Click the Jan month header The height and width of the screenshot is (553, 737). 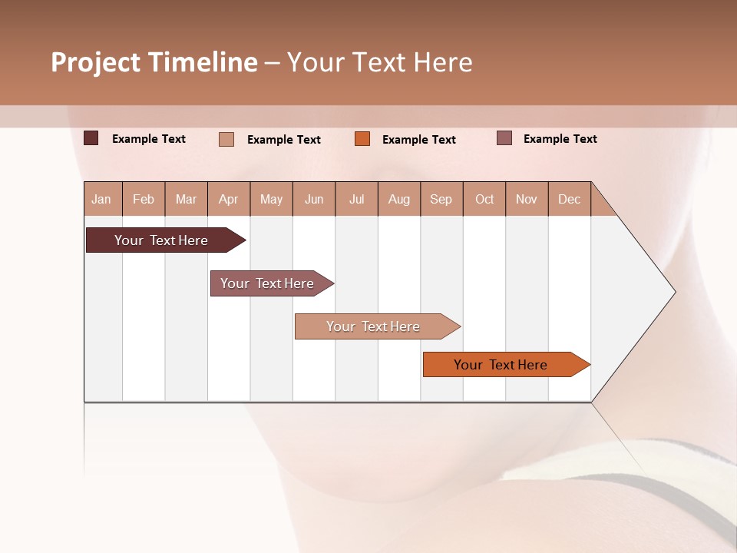pyautogui.click(x=102, y=199)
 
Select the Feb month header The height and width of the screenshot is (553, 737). pyautogui.click(x=144, y=199)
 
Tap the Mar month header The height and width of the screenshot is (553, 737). pyautogui.click(x=186, y=199)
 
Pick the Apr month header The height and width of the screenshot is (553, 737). pyautogui.click(x=229, y=199)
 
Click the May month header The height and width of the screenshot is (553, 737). pyautogui.click(x=271, y=199)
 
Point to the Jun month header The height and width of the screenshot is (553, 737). pyautogui.click(x=314, y=199)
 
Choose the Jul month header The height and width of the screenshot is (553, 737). pyautogui.click(x=356, y=199)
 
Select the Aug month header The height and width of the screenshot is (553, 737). pyautogui.click(x=399, y=199)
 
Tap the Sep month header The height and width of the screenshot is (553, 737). pyautogui.click(x=441, y=199)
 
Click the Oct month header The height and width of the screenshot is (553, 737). pyautogui.click(x=484, y=199)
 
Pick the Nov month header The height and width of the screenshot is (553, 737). pyautogui.click(x=527, y=199)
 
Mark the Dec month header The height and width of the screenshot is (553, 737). pyautogui.click(x=570, y=199)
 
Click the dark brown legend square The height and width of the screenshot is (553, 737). pyautogui.click(x=91, y=138)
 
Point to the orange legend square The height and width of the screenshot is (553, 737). pyautogui.click(x=362, y=139)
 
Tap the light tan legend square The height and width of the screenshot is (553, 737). pyautogui.click(x=226, y=139)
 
